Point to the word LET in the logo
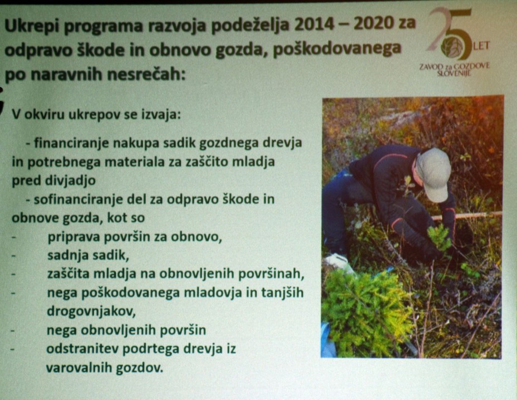click(x=481, y=46)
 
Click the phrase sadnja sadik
click(x=88, y=256)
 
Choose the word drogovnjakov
click(x=91, y=312)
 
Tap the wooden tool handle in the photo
click(x=467, y=216)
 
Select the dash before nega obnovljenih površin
click(x=13, y=329)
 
